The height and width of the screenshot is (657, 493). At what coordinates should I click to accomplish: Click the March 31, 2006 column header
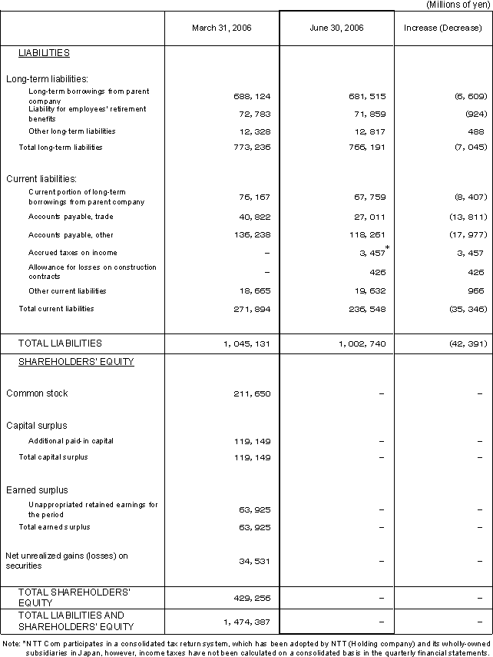pos(221,28)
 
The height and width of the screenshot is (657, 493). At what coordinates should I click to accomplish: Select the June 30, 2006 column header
pos(336,28)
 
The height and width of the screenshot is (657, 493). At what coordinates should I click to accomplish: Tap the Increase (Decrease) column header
pos(443,28)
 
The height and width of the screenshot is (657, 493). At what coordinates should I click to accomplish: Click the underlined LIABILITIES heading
pos(45,53)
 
